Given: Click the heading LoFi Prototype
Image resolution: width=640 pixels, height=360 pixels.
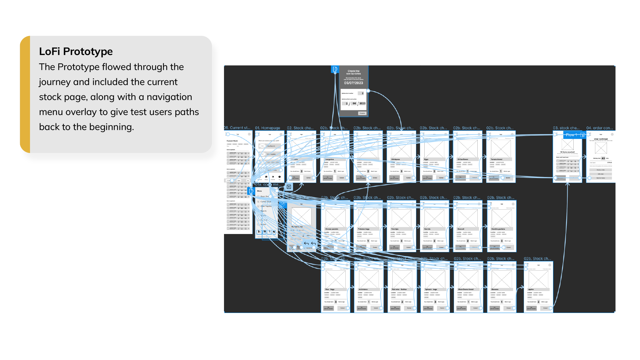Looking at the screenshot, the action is point(76,51).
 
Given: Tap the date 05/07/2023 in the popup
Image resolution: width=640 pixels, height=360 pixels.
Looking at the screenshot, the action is point(353,83).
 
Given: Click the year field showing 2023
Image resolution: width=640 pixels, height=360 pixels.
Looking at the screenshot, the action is point(362,103).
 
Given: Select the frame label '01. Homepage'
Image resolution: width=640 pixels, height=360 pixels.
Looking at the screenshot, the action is point(267,128).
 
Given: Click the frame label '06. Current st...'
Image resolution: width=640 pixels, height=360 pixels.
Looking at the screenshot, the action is point(237,128).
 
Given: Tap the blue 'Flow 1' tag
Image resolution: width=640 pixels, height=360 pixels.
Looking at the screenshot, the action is point(571,135).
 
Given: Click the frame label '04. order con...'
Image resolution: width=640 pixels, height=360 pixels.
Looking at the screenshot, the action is point(599,128).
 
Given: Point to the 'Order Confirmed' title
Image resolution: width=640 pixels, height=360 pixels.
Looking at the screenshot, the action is point(601,139).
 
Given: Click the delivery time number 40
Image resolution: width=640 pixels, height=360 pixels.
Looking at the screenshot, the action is point(603,158).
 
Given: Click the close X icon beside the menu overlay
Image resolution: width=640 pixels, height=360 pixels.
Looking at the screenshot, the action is point(289,187).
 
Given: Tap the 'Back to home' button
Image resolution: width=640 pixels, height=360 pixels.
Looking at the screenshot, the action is point(601,178).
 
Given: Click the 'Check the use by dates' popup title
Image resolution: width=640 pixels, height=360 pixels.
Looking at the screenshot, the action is point(353,72).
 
